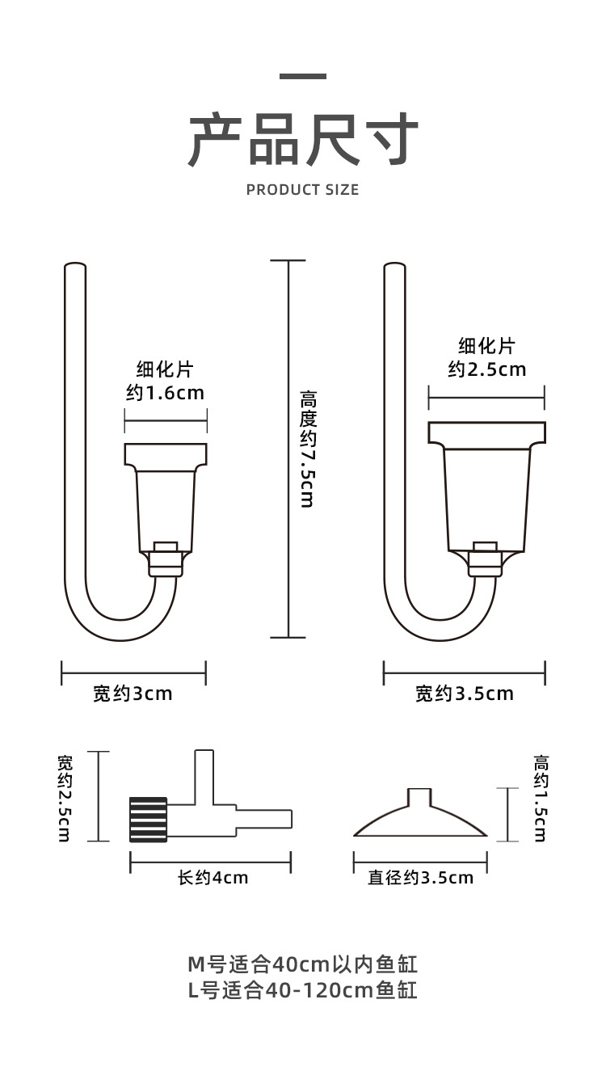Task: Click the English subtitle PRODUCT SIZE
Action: click(x=302, y=190)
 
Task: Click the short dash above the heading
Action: click(x=303, y=77)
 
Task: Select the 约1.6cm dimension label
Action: click(x=165, y=394)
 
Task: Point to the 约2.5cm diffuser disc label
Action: click(x=486, y=369)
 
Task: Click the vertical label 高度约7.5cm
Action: click(x=308, y=449)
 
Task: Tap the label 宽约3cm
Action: click(x=133, y=694)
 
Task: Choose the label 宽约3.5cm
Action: click(x=464, y=694)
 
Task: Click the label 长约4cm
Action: click(x=212, y=877)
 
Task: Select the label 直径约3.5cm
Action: click(x=420, y=877)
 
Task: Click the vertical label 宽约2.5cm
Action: click(x=65, y=798)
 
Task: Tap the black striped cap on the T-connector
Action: click(x=149, y=819)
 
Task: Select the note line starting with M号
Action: click(x=302, y=964)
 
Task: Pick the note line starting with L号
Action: click(x=302, y=989)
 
